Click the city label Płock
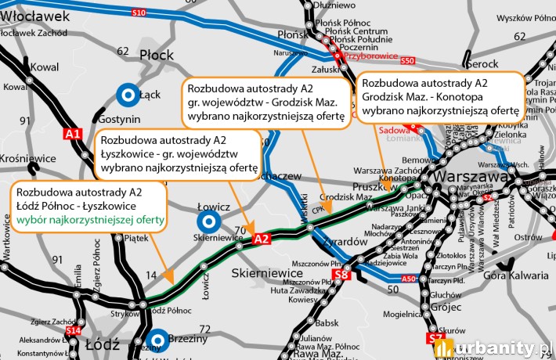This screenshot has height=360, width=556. coord(156,55)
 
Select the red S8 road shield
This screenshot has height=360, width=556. coord(341,275)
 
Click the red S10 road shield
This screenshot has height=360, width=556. coord(139,13)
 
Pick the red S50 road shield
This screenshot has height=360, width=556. coord(406,60)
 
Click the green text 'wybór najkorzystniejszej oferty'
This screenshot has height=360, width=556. coord(90,220)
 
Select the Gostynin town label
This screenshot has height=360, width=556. coord(120,119)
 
